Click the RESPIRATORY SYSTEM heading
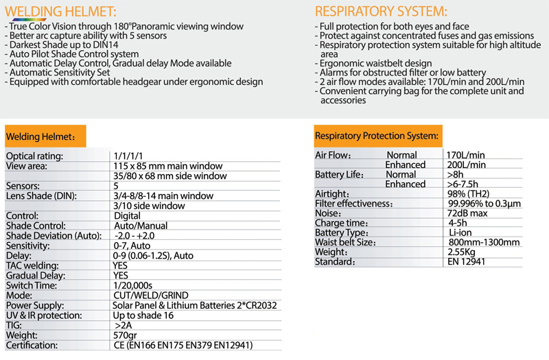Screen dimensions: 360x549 [x=381, y=12]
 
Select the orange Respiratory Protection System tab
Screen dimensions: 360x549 [x=376, y=136]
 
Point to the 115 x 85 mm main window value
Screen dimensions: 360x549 [x=167, y=166]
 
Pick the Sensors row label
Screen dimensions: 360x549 [x=24, y=186]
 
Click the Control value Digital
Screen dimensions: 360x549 [x=127, y=215]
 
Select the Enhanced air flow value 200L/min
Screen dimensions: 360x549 [x=467, y=165]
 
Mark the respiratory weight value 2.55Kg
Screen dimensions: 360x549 [x=464, y=252]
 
